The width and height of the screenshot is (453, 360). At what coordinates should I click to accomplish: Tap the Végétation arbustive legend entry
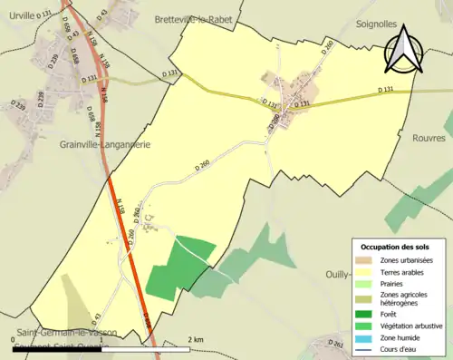410,326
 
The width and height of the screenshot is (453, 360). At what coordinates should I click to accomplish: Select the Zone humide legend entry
399,337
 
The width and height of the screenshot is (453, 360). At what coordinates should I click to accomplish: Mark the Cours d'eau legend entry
398,349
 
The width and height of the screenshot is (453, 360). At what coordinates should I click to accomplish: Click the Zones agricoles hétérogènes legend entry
405,298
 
